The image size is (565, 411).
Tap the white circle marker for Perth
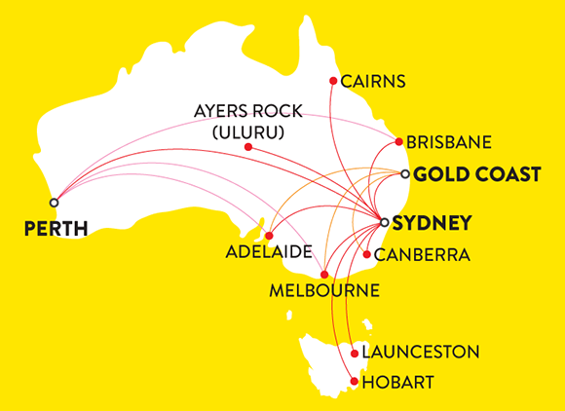click(54, 203)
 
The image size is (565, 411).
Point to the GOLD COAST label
click(476, 175)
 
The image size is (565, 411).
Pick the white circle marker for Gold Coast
click(405, 174)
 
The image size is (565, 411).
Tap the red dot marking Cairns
click(333, 80)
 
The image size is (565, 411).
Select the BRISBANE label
click(448, 142)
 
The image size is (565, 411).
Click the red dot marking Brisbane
click(398, 142)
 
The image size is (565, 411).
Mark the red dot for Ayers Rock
click(248, 147)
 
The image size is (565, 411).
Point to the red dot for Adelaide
click(269, 236)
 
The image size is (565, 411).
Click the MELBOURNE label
click(326, 290)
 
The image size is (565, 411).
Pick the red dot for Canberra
click(366, 255)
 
